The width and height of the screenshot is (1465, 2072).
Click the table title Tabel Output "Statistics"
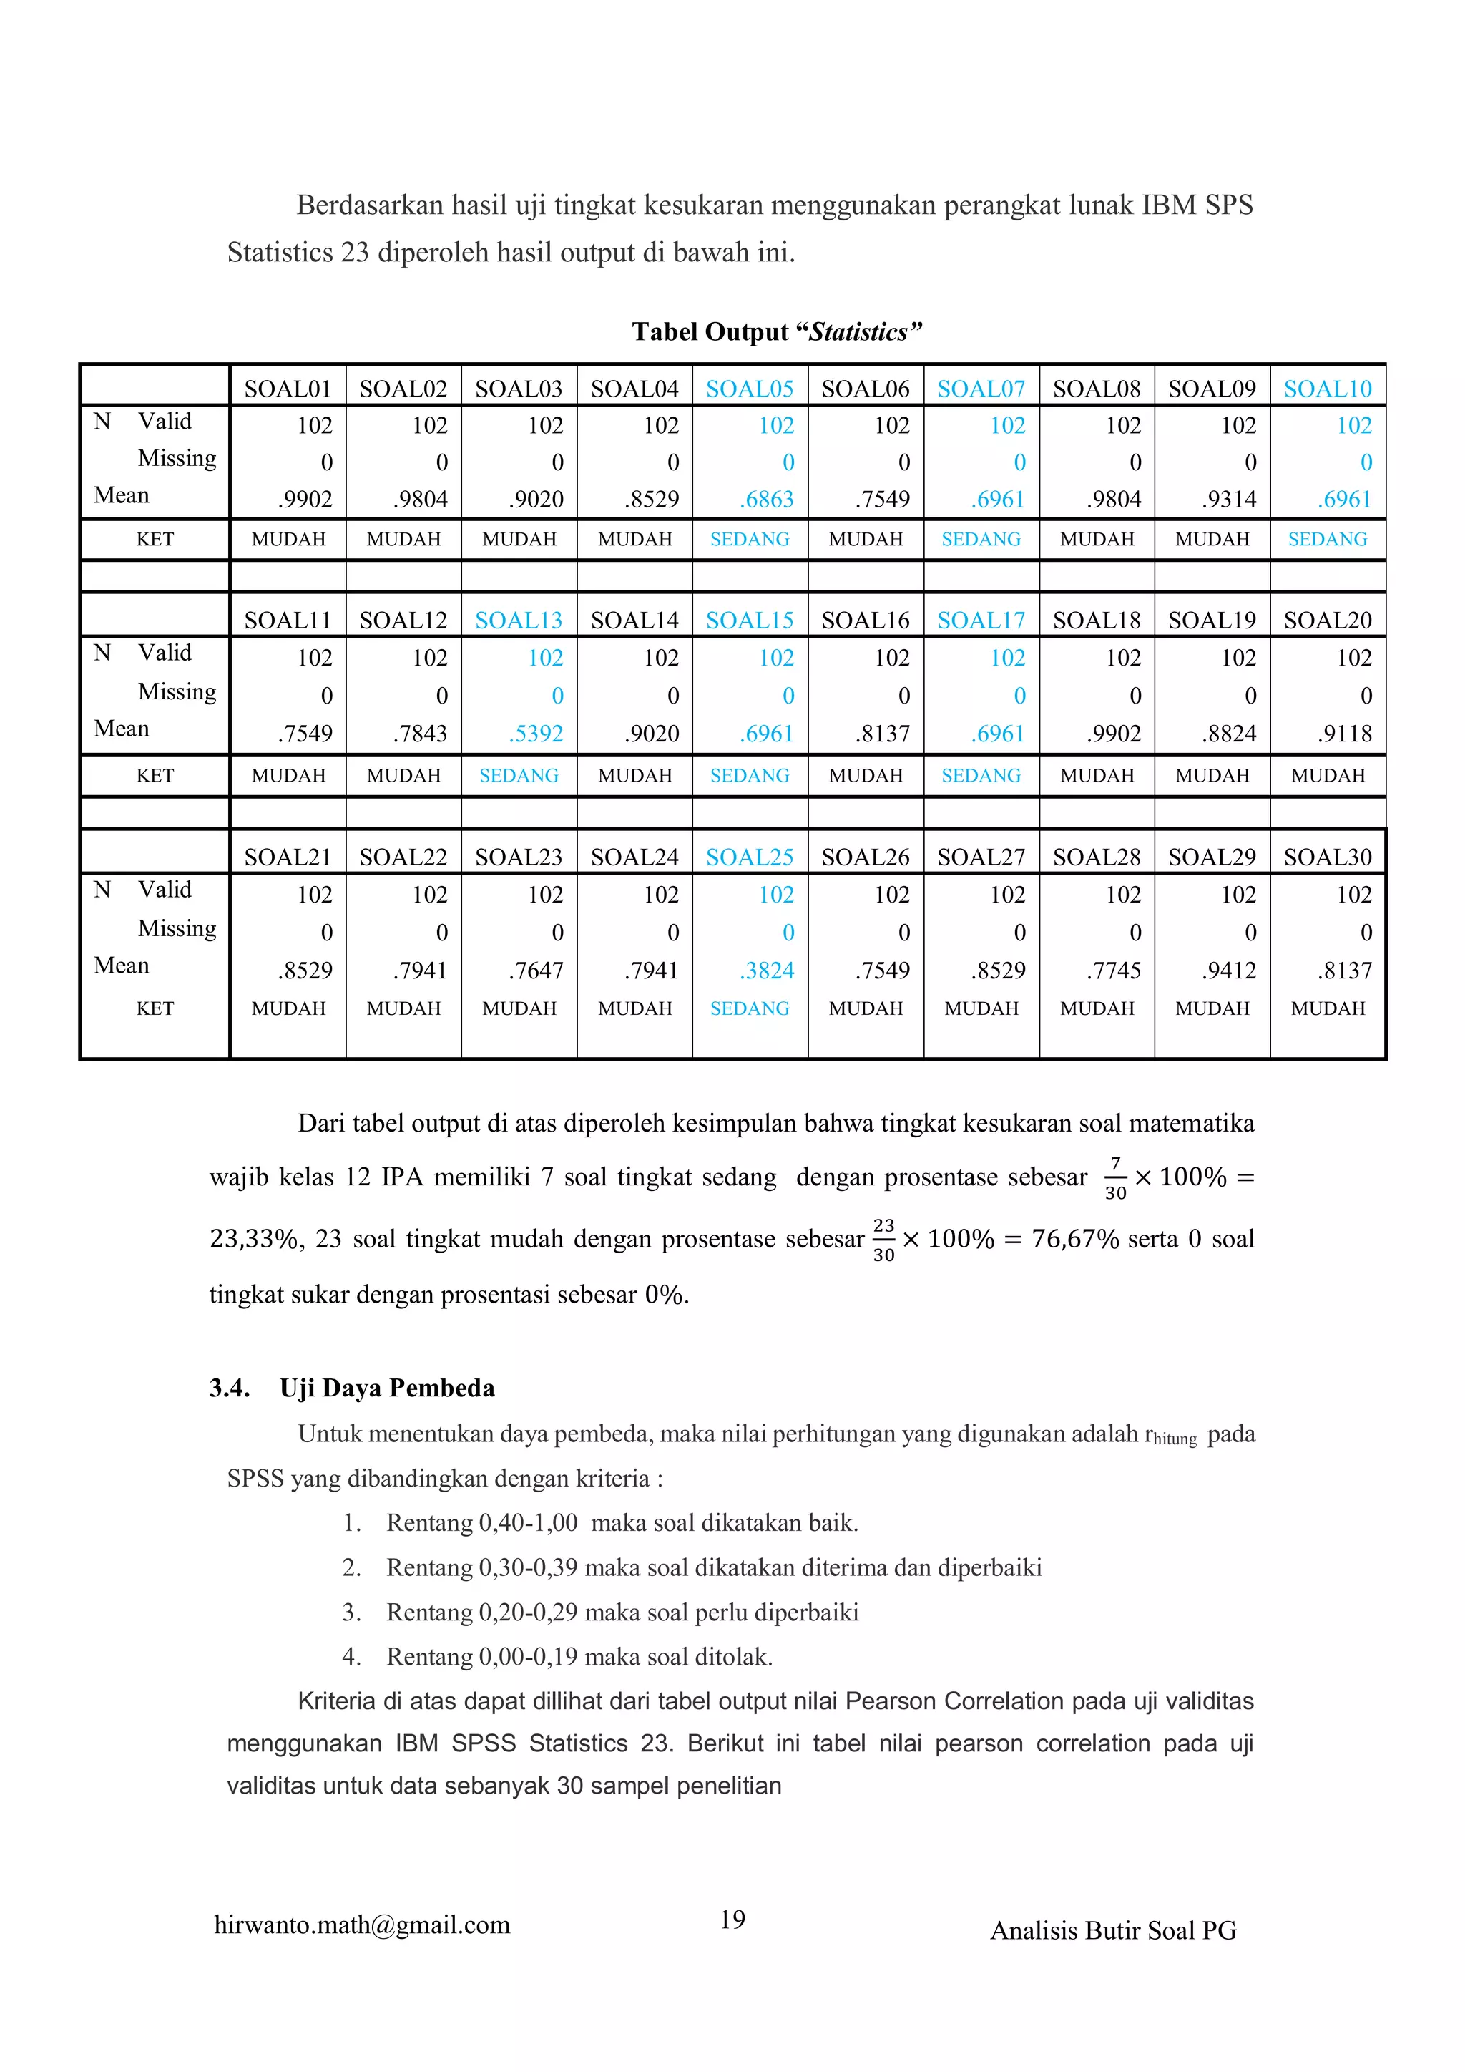[777, 332]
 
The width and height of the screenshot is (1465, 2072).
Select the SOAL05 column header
[750, 389]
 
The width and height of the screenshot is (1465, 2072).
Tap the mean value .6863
[768, 499]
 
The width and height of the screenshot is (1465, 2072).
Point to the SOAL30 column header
[1327, 857]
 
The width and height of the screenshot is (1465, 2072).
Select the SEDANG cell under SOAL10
[1327, 540]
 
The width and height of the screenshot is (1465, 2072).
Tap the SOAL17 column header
[981, 621]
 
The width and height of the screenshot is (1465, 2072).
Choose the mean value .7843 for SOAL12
[421, 734]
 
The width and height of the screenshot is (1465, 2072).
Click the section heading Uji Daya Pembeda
[387, 1388]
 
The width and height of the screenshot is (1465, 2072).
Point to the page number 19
[732, 1919]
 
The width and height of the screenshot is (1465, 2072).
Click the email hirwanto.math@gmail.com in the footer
[362, 1925]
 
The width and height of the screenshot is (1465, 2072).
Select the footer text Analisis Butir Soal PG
[1113, 1930]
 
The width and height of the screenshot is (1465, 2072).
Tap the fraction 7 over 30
[1115, 1177]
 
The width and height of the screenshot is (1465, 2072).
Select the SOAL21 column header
[288, 857]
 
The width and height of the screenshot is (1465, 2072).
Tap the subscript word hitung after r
[1175, 1439]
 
